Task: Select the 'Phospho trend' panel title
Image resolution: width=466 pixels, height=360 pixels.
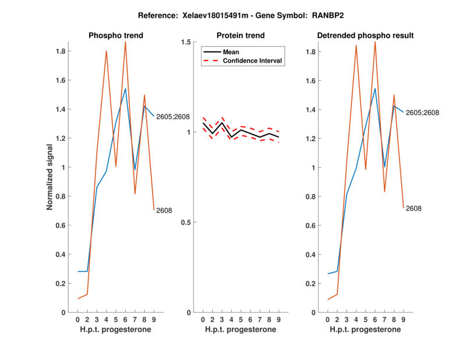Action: tap(116, 36)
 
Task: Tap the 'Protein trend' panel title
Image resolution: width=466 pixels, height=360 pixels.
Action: tap(241, 36)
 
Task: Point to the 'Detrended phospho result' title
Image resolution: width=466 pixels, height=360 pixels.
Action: tap(365, 36)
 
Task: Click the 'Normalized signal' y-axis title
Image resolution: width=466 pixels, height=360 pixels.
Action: tap(50, 177)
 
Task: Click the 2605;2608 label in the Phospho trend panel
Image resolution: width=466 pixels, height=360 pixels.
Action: tap(173, 117)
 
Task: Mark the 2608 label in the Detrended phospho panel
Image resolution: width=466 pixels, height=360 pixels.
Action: tap(414, 209)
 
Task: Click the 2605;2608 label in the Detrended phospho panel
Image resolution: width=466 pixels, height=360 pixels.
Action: tap(422, 113)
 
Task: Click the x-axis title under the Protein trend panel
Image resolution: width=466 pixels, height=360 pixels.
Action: tap(241, 330)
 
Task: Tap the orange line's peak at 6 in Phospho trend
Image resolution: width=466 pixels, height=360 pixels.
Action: tap(125, 42)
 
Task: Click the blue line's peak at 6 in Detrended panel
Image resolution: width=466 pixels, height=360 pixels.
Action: tap(375, 89)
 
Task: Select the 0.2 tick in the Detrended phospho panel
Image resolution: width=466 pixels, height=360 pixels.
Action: tap(311, 284)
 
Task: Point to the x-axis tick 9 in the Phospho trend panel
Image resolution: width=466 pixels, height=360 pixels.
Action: tap(154, 320)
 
